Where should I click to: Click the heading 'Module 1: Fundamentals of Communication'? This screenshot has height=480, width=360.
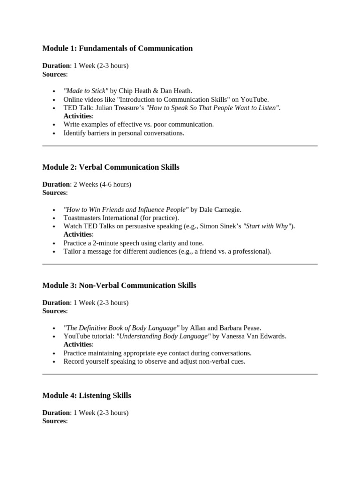(x=117, y=48)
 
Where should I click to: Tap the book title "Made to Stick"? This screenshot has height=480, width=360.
(x=86, y=91)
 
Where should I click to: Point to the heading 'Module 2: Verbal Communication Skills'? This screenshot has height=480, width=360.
(x=111, y=167)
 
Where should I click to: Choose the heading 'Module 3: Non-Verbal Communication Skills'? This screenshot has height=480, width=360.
(x=119, y=285)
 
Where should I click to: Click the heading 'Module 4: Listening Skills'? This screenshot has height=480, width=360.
(x=87, y=396)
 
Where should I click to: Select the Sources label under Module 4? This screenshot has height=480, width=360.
(x=54, y=421)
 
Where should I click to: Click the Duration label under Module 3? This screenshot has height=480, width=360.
(x=56, y=303)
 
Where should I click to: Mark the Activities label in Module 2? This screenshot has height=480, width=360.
(x=78, y=234)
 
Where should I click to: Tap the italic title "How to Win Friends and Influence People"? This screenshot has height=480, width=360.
(x=126, y=210)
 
